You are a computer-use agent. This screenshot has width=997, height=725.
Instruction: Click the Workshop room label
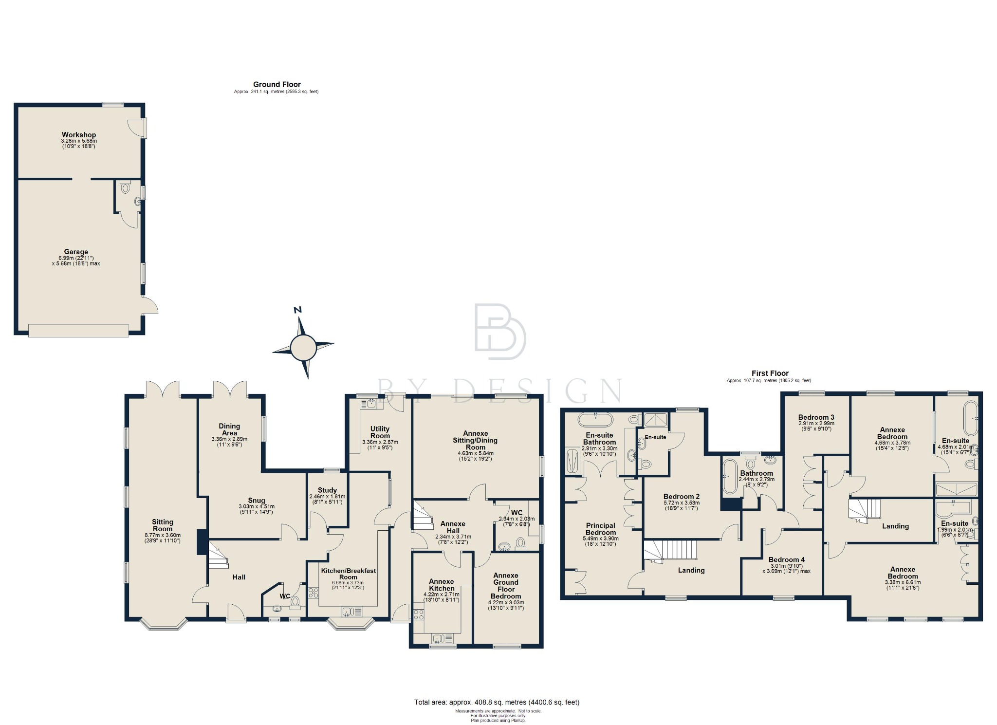[78, 135]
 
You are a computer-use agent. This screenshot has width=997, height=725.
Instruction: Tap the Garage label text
[76, 252]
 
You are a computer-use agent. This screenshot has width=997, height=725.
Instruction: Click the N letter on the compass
[298, 310]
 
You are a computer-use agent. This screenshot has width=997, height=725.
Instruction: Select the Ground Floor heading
[277, 84]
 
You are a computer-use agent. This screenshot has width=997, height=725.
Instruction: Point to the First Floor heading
[770, 373]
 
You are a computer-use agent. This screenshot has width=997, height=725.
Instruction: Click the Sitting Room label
[162, 525]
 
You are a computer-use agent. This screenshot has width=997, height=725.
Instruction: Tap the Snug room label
[257, 501]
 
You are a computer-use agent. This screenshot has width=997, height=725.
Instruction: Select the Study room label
[327, 490]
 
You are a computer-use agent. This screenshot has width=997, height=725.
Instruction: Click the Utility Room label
[380, 432]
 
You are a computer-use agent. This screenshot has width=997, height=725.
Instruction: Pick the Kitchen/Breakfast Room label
[348, 574]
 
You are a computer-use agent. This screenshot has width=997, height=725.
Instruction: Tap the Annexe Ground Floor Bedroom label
[506, 586]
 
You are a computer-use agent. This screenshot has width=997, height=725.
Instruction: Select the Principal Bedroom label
[600, 529]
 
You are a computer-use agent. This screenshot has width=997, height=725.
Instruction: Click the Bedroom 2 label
[681, 497]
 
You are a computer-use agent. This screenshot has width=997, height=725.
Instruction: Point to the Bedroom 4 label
[786, 559]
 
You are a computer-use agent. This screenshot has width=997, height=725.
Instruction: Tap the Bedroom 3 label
[816, 417]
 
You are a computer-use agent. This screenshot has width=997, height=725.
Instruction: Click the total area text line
[497, 702]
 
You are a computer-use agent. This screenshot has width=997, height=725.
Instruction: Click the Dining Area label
[229, 429]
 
